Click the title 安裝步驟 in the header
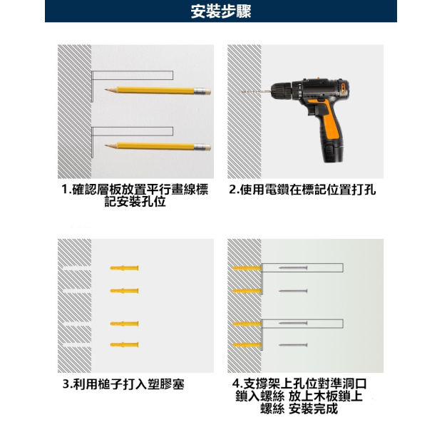[221, 11]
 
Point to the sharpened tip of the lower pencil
[107, 145]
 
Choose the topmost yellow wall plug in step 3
[124, 267]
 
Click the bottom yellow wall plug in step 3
[124, 344]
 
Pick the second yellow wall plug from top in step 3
[124, 291]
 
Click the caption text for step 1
[135, 196]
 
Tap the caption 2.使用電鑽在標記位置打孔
[302, 190]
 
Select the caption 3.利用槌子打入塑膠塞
[123, 384]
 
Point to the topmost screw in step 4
[293, 268]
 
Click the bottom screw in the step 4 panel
[293, 345]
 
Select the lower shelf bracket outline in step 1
[133, 130]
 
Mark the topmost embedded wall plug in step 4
[247, 268]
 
